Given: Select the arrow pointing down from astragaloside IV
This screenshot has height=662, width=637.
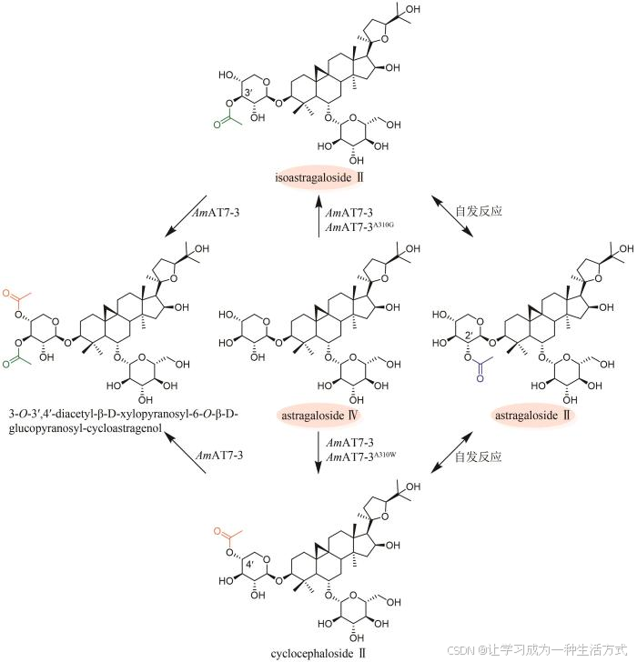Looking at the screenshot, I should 318,455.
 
